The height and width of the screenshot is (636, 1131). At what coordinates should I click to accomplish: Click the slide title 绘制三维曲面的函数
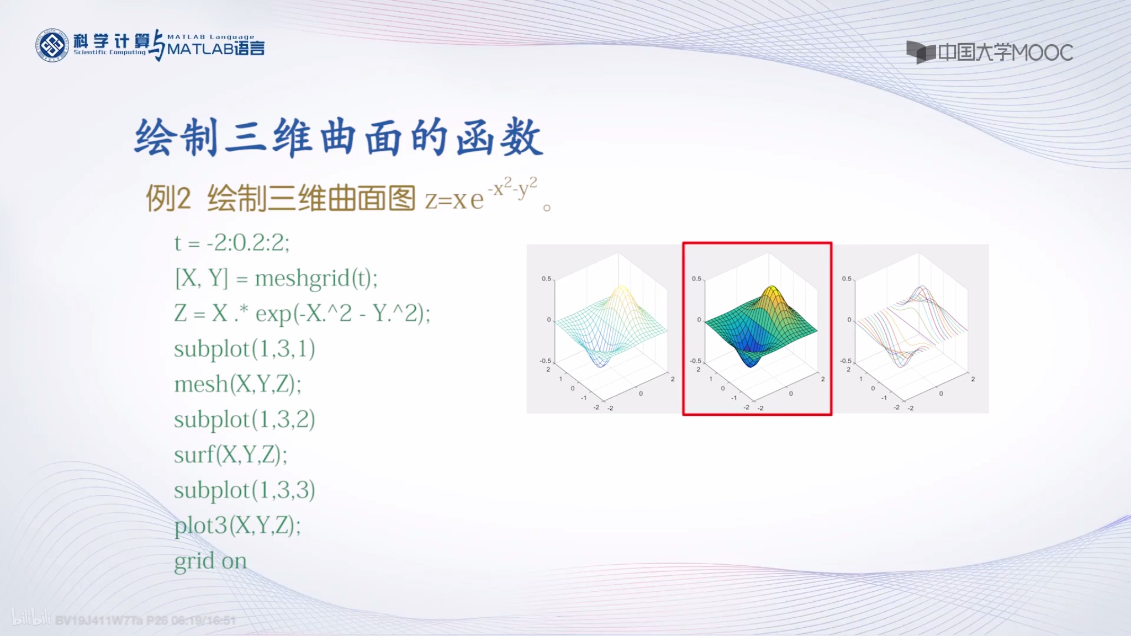339,137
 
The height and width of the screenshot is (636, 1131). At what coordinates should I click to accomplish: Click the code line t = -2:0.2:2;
232,243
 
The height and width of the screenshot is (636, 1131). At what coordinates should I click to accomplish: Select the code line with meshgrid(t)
276,278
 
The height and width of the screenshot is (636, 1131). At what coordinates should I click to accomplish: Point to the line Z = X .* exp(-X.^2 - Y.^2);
302,314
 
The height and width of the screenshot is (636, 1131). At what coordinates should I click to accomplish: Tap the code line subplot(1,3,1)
245,349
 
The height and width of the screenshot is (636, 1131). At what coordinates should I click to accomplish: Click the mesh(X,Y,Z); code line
237,384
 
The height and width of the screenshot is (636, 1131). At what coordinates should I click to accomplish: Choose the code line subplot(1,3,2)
245,420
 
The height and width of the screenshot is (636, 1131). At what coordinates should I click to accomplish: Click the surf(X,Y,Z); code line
230,455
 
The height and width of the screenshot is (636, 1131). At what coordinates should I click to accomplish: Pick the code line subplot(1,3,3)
245,490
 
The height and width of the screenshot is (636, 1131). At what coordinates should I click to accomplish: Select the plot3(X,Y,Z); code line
237,526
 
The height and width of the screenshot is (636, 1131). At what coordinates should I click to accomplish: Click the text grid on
210,561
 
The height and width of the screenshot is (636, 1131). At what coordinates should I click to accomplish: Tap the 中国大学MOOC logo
990,52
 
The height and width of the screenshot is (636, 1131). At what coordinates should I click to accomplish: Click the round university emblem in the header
52,45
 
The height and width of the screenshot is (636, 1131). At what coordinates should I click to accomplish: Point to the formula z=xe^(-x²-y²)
480,196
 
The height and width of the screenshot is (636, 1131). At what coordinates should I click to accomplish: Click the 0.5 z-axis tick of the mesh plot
546,279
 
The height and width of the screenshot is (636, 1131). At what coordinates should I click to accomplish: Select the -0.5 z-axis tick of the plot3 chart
845,361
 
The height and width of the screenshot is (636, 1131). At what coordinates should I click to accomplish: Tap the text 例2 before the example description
168,199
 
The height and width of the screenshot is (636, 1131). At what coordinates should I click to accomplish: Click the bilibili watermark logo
31,618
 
